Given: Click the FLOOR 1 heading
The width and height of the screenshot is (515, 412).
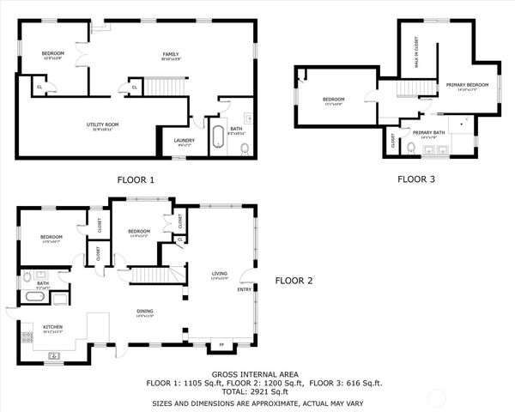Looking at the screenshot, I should (136, 180).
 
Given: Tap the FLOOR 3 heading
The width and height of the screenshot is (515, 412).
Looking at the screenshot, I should (416, 179).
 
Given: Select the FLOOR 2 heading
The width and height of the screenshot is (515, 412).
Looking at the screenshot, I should (294, 281).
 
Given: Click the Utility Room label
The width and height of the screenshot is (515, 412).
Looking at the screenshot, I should (102, 124).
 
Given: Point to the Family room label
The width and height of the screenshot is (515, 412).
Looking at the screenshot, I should (171, 55).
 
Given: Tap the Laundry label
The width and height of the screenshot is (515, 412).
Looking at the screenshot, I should (184, 141).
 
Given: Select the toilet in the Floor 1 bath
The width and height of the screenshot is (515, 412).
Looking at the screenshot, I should (245, 148).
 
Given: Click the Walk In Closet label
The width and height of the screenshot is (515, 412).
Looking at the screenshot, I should (416, 51).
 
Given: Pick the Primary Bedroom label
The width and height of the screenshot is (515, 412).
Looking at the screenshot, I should (467, 84).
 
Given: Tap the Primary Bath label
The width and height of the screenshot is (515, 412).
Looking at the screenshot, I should (427, 132).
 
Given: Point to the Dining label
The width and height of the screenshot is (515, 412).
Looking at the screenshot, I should (145, 312).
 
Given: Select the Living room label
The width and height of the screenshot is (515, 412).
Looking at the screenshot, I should (220, 275).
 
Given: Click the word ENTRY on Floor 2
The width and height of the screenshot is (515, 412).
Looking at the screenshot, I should (244, 289).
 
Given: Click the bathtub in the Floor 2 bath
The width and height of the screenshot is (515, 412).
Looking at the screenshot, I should (35, 298).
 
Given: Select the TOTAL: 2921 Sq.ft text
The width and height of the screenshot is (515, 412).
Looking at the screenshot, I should (257, 391).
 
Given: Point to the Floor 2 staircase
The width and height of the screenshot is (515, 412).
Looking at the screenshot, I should (155, 274).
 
